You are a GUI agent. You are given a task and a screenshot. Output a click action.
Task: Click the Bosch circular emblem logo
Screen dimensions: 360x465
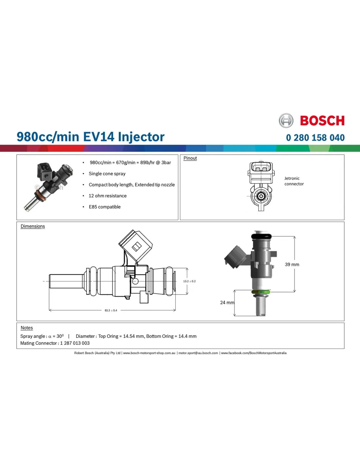(x=286, y=120)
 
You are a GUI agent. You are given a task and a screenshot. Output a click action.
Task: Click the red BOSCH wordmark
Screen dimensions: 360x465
(x=322, y=121)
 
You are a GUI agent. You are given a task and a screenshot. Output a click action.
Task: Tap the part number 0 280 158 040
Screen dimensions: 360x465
(x=315, y=138)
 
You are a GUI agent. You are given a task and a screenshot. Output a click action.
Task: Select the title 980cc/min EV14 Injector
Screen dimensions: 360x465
(x=91, y=137)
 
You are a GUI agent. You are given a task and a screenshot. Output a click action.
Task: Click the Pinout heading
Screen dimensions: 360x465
(x=190, y=158)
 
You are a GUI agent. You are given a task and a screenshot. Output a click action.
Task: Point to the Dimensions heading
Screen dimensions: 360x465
(x=33, y=226)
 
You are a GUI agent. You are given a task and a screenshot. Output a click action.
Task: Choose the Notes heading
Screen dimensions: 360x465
(x=27, y=328)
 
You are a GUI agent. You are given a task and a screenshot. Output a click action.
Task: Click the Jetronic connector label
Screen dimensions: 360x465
(x=294, y=181)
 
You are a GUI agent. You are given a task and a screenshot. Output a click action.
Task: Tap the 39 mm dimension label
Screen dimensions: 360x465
(x=292, y=265)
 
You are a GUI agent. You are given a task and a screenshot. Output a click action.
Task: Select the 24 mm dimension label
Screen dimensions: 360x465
(x=227, y=302)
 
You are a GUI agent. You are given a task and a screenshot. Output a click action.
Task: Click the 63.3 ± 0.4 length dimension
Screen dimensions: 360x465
(x=111, y=310)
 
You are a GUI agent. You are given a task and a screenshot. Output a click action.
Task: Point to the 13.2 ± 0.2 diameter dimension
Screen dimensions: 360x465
(x=189, y=281)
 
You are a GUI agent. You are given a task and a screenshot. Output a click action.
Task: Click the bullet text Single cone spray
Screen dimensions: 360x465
(x=107, y=174)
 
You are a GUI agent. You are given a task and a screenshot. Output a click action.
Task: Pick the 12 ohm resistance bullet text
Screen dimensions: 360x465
(x=107, y=196)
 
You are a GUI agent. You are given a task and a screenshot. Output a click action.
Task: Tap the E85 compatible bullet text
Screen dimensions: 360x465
(x=105, y=207)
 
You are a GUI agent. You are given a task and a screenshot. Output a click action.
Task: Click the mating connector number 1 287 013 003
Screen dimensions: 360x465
(x=75, y=343)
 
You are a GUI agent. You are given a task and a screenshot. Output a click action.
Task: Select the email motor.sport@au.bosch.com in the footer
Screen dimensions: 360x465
(x=198, y=353)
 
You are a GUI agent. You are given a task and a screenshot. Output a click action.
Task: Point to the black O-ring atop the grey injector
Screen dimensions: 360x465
(x=261, y=236)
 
